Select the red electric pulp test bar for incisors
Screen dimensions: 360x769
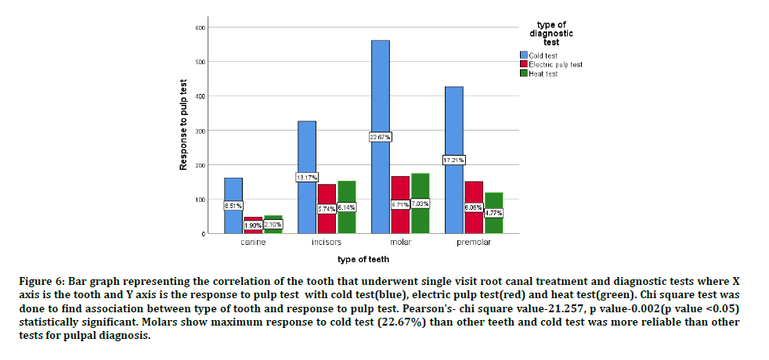(327, 196)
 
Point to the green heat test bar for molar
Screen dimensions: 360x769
(421, 188)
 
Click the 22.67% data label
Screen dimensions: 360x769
(381, 137)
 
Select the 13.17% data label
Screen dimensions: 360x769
(307, 178)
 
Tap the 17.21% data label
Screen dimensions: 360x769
(454, 160)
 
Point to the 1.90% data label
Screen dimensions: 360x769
(253, 225)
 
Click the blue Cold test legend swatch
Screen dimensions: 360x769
(524, 55)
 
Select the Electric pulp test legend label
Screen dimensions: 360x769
(555, 64)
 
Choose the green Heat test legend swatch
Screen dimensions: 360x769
(524, 73)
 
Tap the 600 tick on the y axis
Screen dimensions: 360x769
(200, 27)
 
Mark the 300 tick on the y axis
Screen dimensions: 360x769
(200, 131)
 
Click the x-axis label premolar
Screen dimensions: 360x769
(474, 243)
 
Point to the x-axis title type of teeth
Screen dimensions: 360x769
(363, 258)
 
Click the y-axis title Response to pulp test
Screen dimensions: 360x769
(183, 124)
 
